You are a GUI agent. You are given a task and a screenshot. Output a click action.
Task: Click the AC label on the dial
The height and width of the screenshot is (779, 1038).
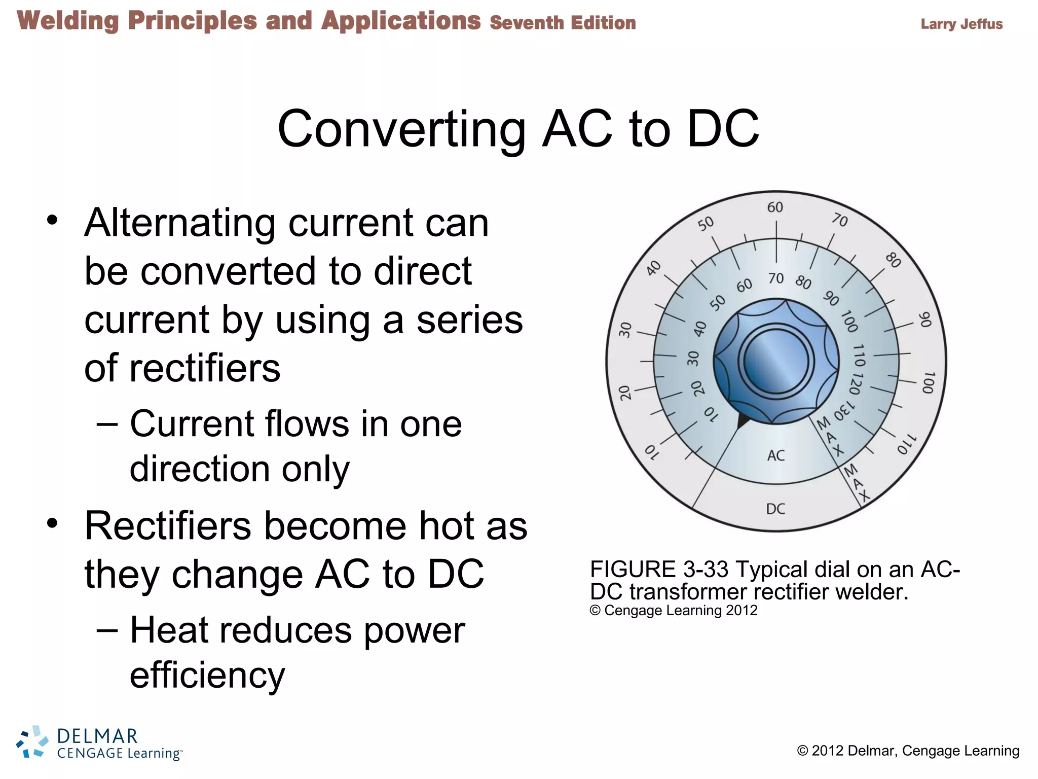[775, 455]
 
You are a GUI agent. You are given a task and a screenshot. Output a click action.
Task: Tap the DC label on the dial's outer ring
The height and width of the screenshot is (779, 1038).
[775, 509]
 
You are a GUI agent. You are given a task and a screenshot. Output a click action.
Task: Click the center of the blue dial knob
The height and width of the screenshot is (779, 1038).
[776, 361]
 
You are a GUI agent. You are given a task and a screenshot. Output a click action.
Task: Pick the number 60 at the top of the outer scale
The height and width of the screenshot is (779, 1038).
[775, 207]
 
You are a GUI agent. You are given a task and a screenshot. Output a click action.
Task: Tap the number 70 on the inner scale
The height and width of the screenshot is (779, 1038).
[775, 278]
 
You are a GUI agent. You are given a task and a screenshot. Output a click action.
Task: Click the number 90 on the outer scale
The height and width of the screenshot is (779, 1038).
[925, 320]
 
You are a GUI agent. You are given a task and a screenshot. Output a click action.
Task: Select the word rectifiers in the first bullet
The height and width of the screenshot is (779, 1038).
[204, 368]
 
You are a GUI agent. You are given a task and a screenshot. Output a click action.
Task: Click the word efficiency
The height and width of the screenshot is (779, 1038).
[207, 676]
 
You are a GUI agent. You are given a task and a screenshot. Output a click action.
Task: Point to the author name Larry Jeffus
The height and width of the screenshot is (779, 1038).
[961, 24]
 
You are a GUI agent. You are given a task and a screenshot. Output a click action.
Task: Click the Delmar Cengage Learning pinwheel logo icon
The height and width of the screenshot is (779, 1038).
[31, 741]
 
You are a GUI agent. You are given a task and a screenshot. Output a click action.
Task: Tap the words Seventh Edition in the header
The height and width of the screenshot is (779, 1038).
[563, 23]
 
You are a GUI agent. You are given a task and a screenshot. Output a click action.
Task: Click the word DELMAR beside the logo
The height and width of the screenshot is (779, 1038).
[97, 736]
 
